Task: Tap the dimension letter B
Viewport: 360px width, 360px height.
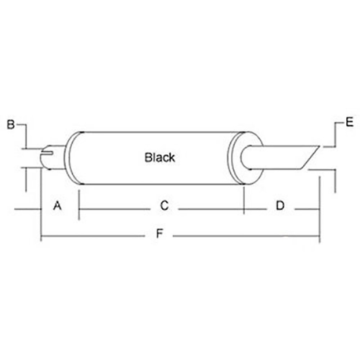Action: click(11, 125)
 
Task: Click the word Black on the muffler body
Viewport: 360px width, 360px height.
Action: click(160, 157)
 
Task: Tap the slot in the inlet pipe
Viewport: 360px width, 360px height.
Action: click(48, 153)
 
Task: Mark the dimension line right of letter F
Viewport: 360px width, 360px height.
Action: click(245, 236)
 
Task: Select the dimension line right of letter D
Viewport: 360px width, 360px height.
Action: click(306, 209)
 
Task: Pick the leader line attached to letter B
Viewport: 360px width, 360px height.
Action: click(26, 135)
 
